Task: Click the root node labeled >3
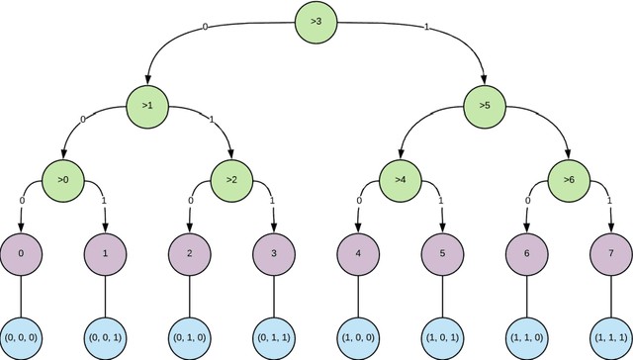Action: [316, 23]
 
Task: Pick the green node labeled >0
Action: [62, 180]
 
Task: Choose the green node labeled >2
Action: [231, 180]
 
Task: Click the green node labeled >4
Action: [401, 180]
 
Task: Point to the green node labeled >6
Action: [569, 180]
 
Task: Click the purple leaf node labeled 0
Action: [21, 253]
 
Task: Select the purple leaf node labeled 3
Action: [274, 253]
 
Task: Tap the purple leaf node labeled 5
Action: [442, 253]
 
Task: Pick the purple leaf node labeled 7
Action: [611, 253]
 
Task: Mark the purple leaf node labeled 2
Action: [189, 253]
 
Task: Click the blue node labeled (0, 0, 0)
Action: [21, 336]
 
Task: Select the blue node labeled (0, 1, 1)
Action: [274, 336]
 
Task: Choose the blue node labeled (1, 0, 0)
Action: [358, 336]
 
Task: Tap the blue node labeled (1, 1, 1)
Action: [611, 336]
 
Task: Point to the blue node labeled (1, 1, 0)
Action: [527, 336]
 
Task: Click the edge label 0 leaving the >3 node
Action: [206, 27]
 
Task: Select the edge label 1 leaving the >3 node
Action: [426, 27]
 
